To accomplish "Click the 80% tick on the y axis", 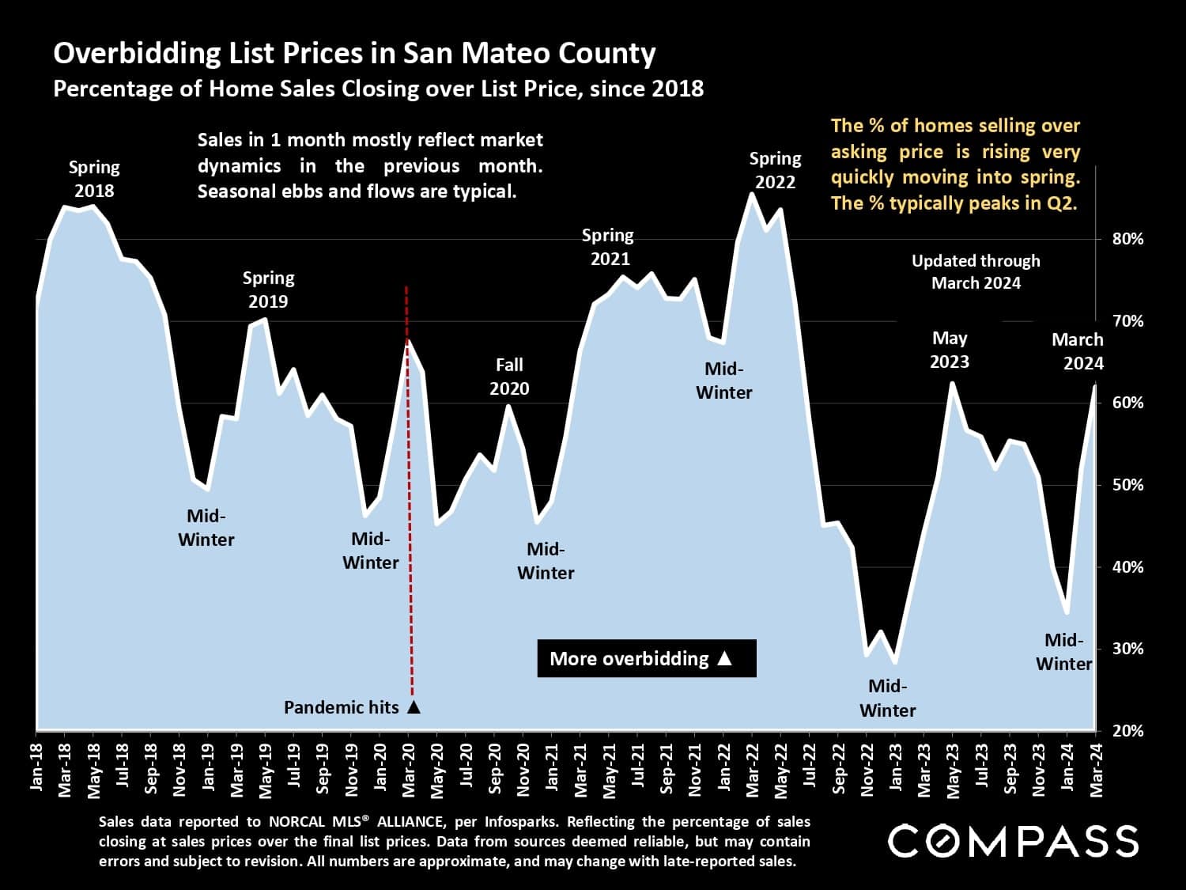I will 1127,239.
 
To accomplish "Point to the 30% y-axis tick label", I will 1127,649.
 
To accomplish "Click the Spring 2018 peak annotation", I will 94,179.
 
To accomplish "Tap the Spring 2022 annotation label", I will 775,170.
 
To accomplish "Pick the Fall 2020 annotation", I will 509,377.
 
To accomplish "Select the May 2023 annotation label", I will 949,350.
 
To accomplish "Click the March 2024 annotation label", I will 1078,351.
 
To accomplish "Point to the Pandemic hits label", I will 342,707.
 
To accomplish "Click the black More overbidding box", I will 646,658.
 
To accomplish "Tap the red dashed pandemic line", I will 409,490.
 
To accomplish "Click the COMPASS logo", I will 1013,840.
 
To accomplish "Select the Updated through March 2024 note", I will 976,272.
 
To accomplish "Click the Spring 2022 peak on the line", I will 751,194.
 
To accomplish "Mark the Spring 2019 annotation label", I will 268,290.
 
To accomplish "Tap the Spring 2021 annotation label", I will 609,247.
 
